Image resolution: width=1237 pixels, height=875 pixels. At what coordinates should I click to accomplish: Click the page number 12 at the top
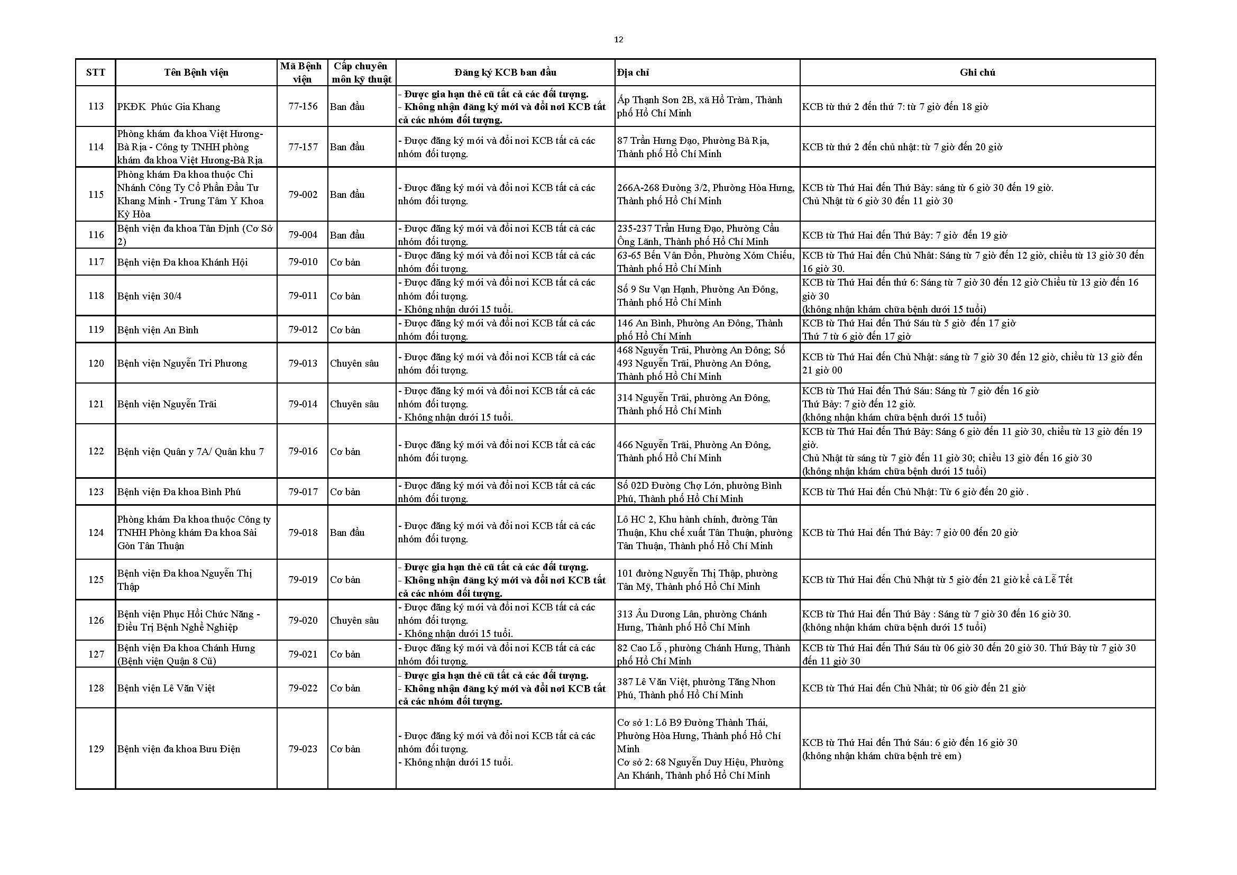(619, 39)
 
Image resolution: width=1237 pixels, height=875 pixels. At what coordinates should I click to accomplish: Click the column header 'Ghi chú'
(977, 72)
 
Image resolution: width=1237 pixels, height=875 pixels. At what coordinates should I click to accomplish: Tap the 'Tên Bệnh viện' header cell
(196, 72)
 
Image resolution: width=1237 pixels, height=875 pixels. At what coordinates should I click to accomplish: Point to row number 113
(96, 106)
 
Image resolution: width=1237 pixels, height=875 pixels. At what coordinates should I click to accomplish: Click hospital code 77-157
(303, 147)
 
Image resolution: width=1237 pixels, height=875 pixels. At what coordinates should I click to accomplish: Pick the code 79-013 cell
(303, 363)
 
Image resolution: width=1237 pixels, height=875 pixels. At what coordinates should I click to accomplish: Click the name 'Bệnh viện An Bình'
(157, 330)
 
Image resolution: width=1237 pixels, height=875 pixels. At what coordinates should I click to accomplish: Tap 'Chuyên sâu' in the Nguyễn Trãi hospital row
(354, 404)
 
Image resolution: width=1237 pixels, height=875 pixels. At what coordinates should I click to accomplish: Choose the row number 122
(96, 451)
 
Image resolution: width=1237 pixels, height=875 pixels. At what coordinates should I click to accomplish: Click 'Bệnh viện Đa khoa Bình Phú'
(179, 491)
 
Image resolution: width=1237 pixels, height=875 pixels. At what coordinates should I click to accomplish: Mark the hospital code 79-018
(303, 532)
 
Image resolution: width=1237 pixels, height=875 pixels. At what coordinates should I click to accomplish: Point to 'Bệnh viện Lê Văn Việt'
(166, 688)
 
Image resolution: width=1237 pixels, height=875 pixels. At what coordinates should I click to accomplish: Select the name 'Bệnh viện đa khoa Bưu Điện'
(178, 749)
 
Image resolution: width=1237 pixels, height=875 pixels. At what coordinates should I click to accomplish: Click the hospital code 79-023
(303, 749)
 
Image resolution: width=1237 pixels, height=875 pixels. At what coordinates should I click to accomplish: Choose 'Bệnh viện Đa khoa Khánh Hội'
(182, 262)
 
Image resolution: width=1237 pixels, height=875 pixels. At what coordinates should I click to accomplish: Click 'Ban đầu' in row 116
(347, 235)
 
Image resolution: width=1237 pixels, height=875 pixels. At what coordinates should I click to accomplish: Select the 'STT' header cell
(96, 72)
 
